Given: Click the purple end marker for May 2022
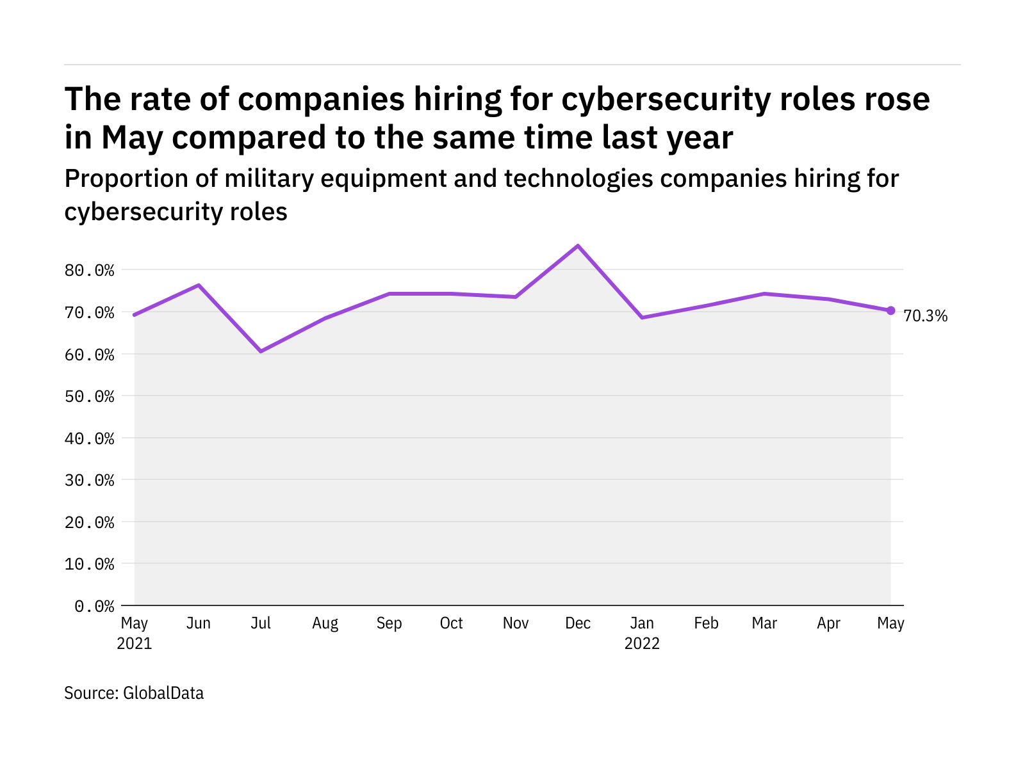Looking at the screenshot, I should tap(890, 310).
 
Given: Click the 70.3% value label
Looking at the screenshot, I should tap(925, 316).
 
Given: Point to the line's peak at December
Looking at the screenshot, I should tap(578, 246).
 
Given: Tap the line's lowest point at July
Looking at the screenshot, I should tap(261, 351).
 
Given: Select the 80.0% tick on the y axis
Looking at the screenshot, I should tap(90, 270).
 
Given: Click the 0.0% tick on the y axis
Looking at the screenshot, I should tap(94, 606).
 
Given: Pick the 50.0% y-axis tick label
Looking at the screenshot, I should tap(90, 396).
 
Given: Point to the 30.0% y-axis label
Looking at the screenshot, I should tap(90, 480).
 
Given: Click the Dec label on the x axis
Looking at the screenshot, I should tap(578, 623).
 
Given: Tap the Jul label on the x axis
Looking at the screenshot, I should tap(261, 623).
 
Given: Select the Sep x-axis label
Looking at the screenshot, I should tap(389, 623).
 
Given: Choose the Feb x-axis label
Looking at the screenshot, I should tap(706, 623).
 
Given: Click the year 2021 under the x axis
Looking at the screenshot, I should tap(135, 644).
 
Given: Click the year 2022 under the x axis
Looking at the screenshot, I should tap(642, 644).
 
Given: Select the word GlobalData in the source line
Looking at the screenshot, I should tap(163, 693).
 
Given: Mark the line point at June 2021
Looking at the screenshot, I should tap(199, 285).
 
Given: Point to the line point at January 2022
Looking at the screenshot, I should tap(642, 317).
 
